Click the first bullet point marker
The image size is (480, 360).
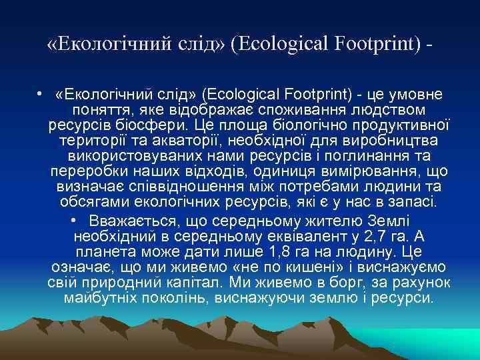coord(41,95)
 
